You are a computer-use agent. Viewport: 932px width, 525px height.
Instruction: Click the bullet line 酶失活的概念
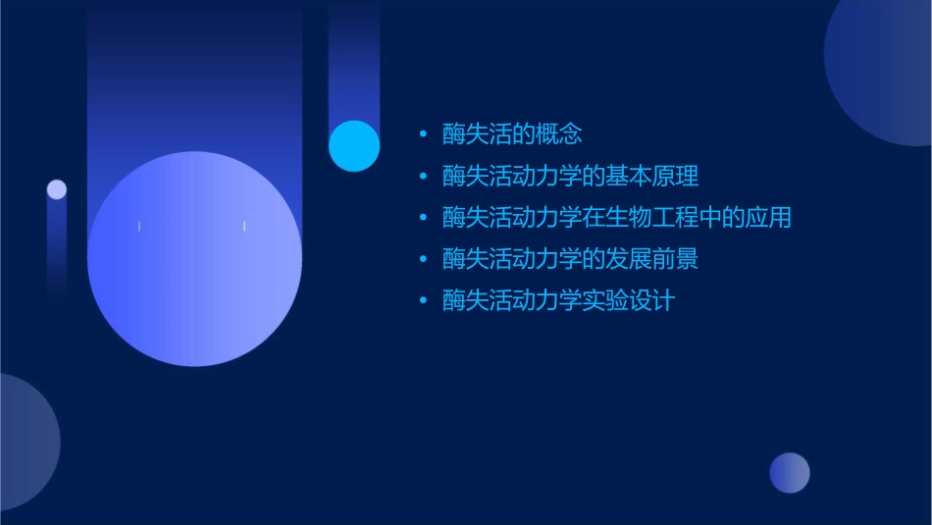[x=512, y=134]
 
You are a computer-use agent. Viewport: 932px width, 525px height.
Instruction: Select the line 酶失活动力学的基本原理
[x=570, y=177]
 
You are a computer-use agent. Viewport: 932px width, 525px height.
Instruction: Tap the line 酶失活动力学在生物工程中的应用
[x=616, y=218]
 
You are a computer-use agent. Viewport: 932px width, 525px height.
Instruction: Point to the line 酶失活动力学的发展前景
[x=570, y=259]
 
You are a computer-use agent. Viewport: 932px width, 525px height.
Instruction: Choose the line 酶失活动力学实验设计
[x=558, y=301]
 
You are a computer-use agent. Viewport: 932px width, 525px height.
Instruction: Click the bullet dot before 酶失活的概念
[x=423, y=134]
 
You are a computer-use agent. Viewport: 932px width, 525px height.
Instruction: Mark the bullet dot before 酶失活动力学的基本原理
[x=423, y=177]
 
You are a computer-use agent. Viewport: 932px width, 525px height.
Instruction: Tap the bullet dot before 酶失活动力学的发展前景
[x=423, y=259]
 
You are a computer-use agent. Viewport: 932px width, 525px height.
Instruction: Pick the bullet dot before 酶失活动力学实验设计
[x=423, y=301]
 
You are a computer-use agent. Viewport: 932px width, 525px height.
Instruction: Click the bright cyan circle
[x=354, y=145]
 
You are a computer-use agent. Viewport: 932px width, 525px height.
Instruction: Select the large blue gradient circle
[x=194, y=259]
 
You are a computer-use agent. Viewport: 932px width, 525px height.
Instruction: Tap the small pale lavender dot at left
[x=57, y=189]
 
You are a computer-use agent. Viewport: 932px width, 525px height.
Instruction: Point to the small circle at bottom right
[x=790, y=473]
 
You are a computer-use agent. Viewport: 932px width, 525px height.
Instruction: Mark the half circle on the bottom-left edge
[x=25, y=442]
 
